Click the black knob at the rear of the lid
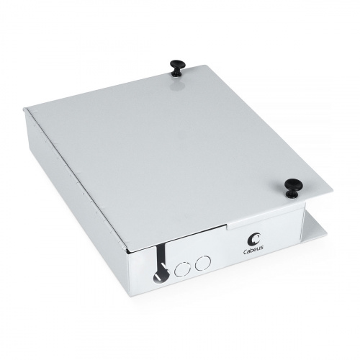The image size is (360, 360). tap(178, 68)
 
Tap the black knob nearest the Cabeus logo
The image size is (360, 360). tap(293, 187)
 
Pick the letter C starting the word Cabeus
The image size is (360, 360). tap(246, 251)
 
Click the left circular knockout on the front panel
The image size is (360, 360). tap(183, 269)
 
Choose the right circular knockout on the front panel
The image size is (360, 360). tap(203, 263)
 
